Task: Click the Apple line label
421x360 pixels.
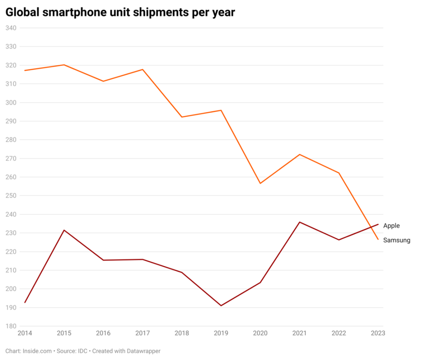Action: [391, 226]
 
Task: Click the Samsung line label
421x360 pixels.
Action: [396, 241]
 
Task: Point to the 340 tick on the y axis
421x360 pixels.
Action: [11, 28]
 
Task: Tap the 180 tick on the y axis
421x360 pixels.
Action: [11, 326]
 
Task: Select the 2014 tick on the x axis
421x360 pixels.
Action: [24, 333]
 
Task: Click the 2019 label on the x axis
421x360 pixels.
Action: [221, 333]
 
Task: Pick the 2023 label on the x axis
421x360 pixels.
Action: [378, 333]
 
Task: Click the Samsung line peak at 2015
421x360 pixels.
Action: [64, 65]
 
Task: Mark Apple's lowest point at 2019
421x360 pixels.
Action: [221, 306]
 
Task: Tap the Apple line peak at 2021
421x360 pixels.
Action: [299, 222]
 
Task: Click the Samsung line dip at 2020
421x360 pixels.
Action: [260, 183]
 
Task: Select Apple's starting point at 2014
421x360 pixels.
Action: [25, 302]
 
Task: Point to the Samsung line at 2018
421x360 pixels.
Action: [182, 117]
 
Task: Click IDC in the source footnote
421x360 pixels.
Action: [83, 351]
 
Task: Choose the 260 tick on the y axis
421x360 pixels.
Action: [11, 177]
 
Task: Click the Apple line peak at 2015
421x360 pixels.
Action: [64, 230]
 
